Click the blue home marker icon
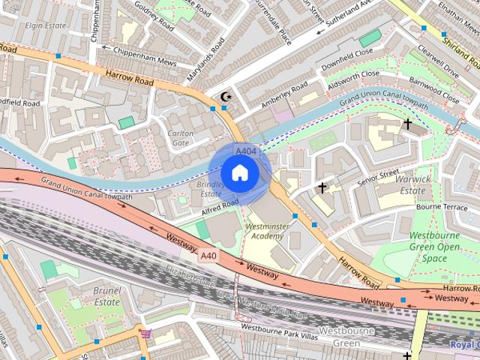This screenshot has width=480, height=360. [x=239, y=173]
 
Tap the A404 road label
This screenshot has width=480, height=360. [x=244, y=151]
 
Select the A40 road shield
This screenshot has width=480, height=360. [x=210, y=256]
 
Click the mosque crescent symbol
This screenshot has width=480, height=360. [x=225, y=97]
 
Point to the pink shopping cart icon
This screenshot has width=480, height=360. [x=145, y=333]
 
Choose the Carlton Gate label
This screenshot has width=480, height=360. [x=181, y=137]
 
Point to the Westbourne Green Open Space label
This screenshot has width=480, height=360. [x=434, y=247]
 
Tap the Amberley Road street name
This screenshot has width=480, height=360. [x=285, y=98]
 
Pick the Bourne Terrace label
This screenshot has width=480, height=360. [x=442, y=206]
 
